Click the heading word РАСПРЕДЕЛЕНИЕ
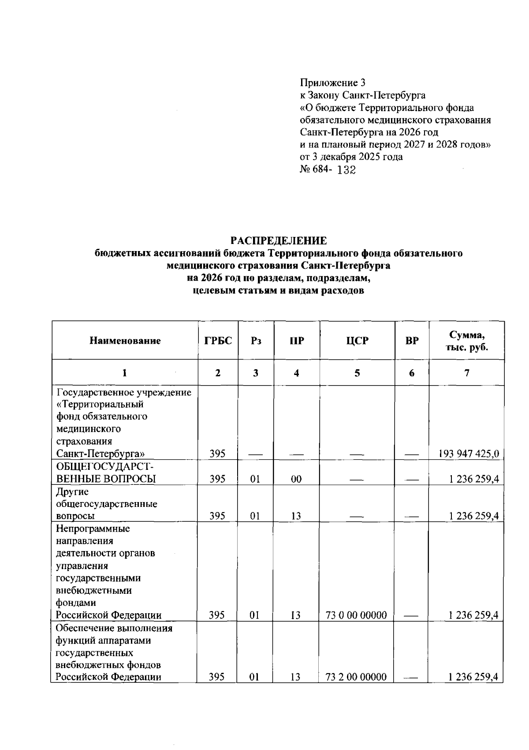[279, 240]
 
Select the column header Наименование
[125, 341]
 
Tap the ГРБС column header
[218, 341]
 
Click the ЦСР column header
[357, 341]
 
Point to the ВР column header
[412, 341]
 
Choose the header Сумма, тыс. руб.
[466, 341]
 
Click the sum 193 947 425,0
[469, 454]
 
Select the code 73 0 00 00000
[356, 615]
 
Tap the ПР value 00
[296, 479]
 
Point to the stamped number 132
[346, 170]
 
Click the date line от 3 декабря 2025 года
[351, 157]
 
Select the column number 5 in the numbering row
[357, 373]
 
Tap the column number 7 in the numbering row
[466, 373]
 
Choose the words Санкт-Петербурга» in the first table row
[101, 454]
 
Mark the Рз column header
[256, 341]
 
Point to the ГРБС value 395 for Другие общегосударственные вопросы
[217, 516]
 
